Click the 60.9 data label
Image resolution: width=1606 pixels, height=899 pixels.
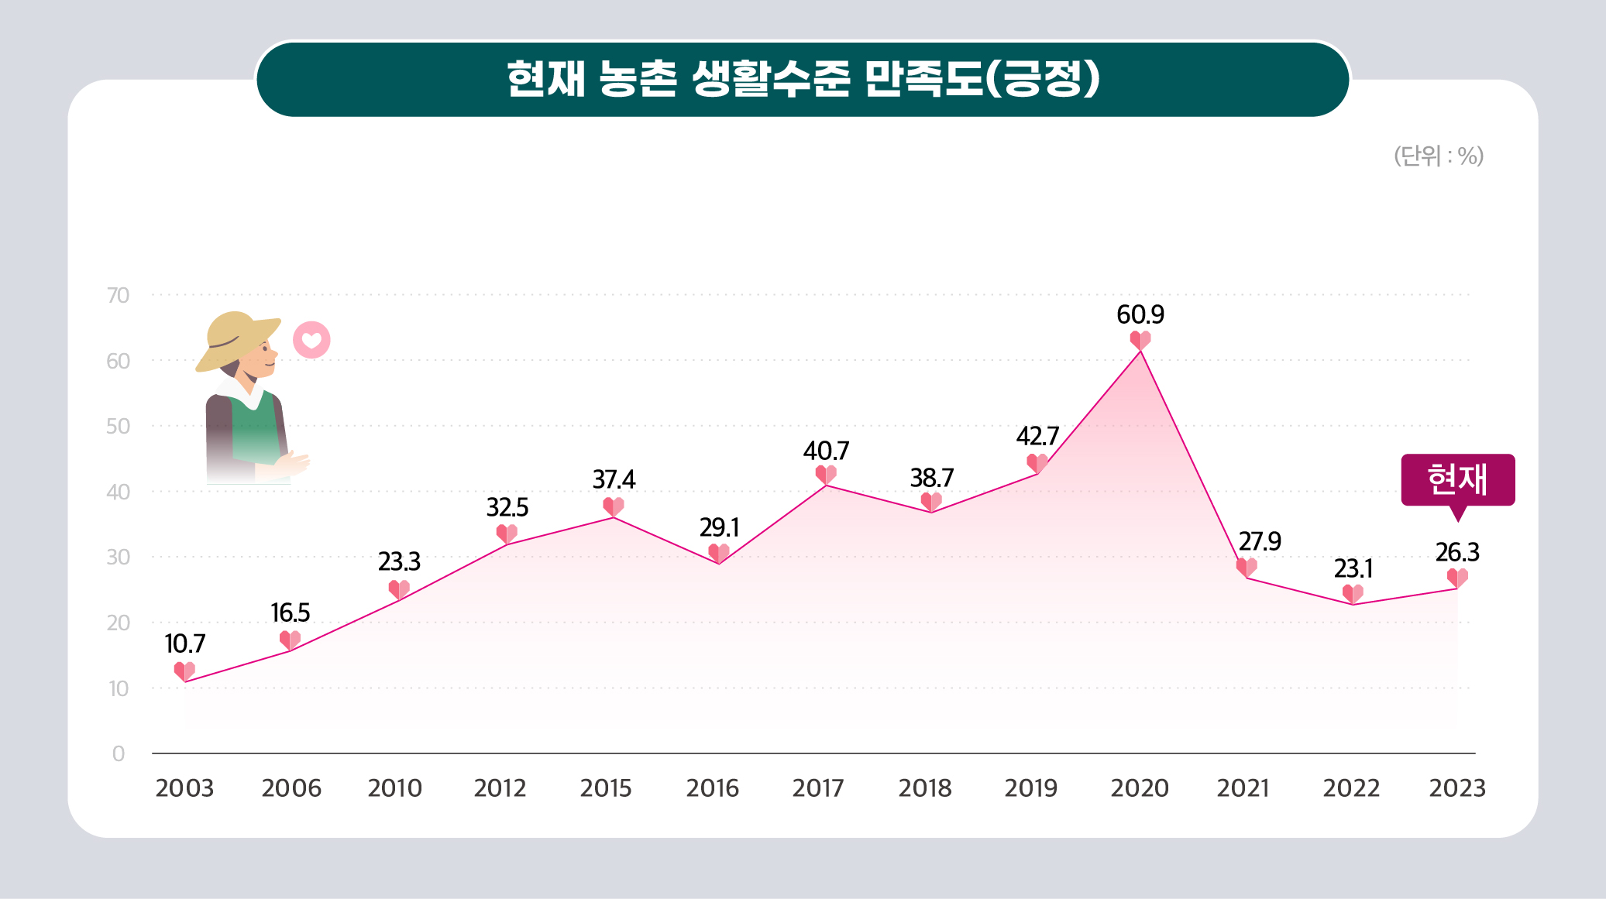click(x=1140, y=314)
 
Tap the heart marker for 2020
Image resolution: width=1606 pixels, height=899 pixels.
click(x=1140, y=340)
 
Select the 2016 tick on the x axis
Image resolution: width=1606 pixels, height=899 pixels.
click(x=712, y=788)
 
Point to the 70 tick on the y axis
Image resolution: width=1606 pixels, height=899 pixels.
click(x=118, y=295)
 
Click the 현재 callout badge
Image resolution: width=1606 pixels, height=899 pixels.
click(x=1457, y=479)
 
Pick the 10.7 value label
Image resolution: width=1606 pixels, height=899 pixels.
click(x=184, y=643)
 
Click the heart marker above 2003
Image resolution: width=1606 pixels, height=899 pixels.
click(x=184, y=671)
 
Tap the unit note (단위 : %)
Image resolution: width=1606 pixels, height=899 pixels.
click(x=1438, y=156)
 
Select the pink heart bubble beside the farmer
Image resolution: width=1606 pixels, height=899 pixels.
click(x=311, y=340)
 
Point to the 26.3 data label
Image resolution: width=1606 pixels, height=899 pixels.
click(x=1456, y=553)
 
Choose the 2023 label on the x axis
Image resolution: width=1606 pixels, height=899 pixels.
click(x=1456, y=788)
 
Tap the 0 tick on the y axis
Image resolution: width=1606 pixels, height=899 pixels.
click(x=119, y=753)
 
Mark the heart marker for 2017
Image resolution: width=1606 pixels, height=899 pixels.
click(x=826, y=474)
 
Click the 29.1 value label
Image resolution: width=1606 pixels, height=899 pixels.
click(x=719, y=528)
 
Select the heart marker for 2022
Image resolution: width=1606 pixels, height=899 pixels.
click(x=1353, y=594)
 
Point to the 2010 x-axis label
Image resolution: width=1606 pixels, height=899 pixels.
click(x=394, y=788)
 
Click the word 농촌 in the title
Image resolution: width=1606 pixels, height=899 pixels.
click(x=638, y=79)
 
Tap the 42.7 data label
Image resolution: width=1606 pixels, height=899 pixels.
click(x=1037, y=437)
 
